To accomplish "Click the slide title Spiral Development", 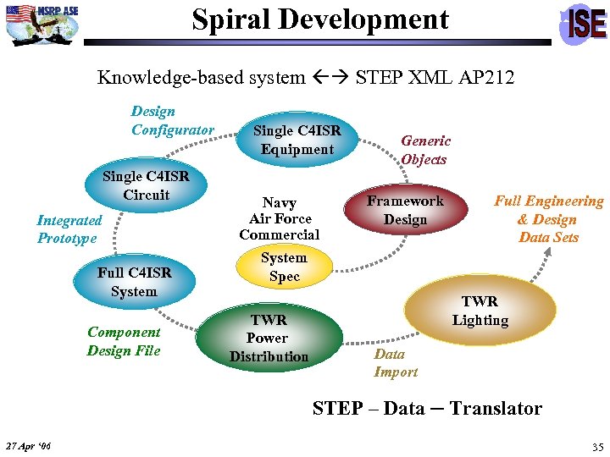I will pos(320,19).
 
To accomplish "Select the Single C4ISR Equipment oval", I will pos(297,140).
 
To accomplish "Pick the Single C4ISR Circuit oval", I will pos(146,186).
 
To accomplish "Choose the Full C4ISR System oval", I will pos(134,282).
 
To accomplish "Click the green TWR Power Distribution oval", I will pos(269,338).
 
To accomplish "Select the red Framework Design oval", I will pos(405,210).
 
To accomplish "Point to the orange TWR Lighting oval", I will pos(480,311).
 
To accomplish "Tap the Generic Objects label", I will pos(425,150).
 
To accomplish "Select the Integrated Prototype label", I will pos(69,229).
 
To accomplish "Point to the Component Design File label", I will pos(124,341).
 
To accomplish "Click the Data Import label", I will pos(396,363).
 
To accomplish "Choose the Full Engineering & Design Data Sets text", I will pos(548,219).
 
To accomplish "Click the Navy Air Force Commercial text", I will pos(279,218).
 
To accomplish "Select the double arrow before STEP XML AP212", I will pos(330,78).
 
